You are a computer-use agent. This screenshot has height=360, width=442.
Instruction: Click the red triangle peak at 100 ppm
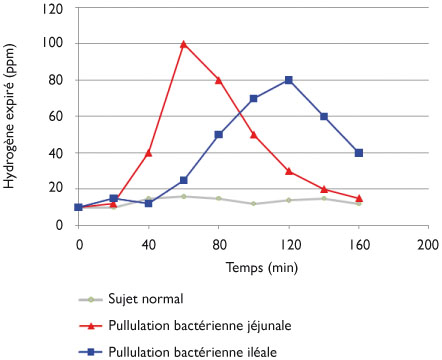pyautogui.click(x=184, y=44)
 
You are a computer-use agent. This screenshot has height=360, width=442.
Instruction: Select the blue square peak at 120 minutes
pyautogui.click(x=289, y=80)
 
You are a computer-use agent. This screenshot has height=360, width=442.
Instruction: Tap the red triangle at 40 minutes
pyautogui.click(x=149, y=152)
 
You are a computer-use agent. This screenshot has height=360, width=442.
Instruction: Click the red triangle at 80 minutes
pyautogui.click(x=219, y=80)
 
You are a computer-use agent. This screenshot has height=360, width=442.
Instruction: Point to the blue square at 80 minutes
pyautogui.click(x=219, y=134)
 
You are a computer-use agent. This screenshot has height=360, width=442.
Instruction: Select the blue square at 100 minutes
pyautogui.click(x=254, y=98)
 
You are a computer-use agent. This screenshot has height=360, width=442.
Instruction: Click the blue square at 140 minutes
pyautogui.click(x=324, y=116)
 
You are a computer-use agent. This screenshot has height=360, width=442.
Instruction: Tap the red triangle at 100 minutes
pyautogui.click(x=254, y=134)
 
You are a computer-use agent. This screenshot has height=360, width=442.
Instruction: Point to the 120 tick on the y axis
pyautogui.click(x=58, y=8)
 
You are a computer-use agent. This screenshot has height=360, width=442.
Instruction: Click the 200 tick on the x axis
pyautogui.click(x=428, y=243)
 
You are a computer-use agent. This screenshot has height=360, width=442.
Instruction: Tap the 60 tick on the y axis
pyautogui.click(x=61, y=116)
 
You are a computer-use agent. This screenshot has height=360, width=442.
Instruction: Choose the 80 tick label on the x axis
pyautogui.click(x=219, y=243)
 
